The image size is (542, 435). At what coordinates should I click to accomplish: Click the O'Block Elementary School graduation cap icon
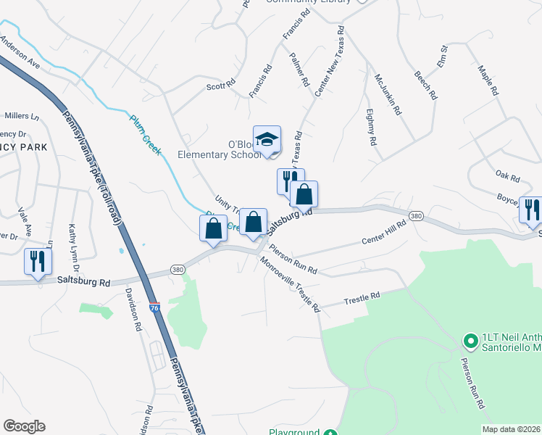(267, 140)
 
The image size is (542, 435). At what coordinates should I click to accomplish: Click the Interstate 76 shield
(154, 308)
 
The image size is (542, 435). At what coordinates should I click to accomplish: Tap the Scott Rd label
(221, 85)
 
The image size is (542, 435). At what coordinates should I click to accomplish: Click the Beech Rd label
(425, 85)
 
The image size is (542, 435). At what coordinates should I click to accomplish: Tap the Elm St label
(443, 53)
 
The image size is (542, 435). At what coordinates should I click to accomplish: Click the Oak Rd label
(508, 176)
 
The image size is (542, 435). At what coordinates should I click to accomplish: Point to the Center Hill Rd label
(383, 234)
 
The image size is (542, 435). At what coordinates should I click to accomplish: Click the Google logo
(25, 426)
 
